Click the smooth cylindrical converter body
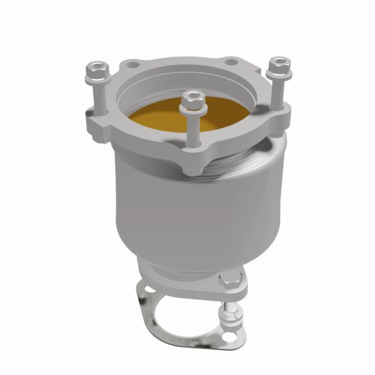tap(187, 212)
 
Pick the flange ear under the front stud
tap(194, 164)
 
